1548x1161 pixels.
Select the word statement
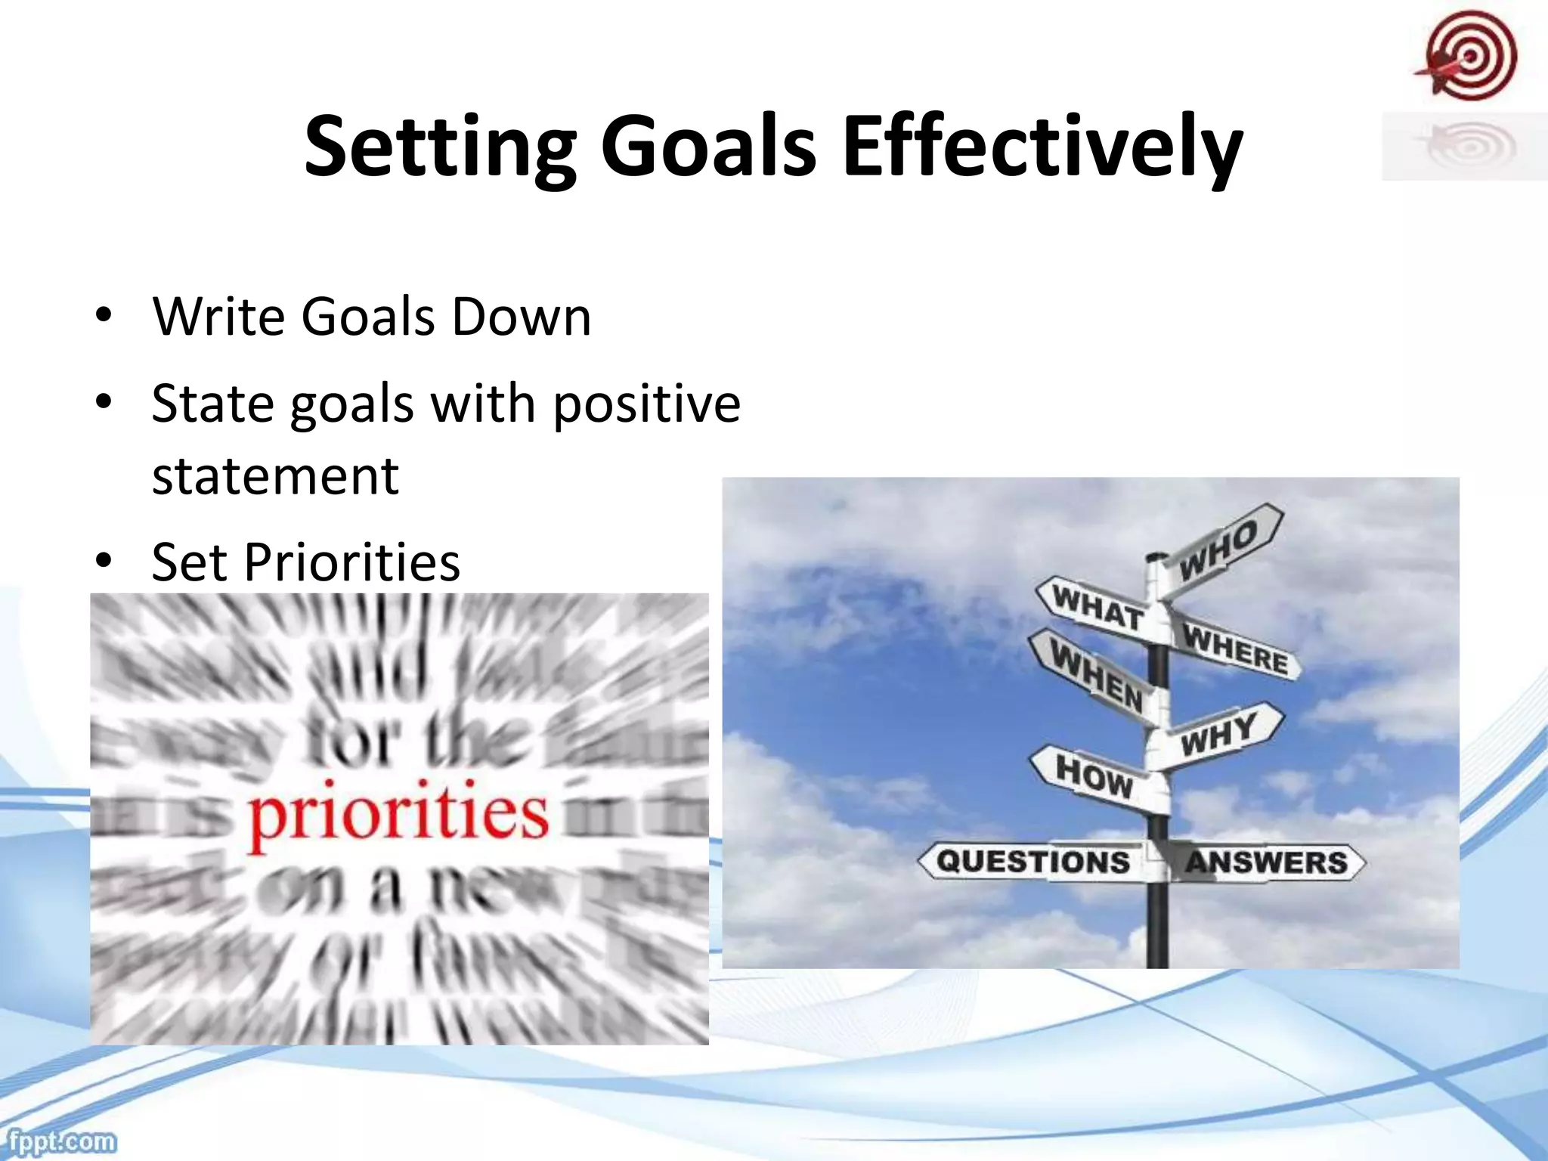point(275,476)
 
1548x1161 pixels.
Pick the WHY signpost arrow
point(1218,733)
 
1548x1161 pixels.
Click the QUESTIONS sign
point(1033,861)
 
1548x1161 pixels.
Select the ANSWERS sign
point(1267,862)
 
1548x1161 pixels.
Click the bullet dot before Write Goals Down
point(104,315)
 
